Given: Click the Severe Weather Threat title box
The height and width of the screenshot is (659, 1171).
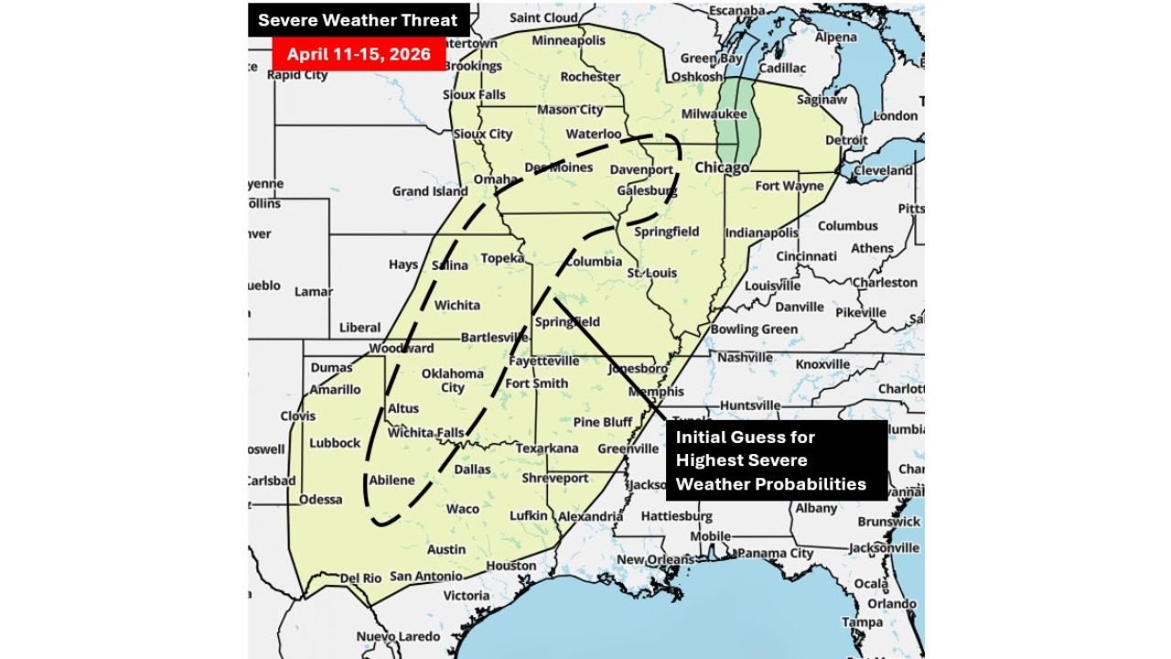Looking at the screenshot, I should (358, 20).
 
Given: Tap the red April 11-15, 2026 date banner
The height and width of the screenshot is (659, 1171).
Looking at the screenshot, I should (358, 54).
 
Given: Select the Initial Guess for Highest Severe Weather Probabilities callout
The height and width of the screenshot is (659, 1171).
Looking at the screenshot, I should (776, 460).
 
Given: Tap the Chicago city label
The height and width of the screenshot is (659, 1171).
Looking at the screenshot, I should (722, 168).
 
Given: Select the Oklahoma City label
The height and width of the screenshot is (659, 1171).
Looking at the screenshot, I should (452, 380).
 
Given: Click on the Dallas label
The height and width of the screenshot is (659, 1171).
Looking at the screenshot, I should (473, 470).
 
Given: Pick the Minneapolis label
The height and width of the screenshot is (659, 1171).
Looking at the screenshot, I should (568, 41).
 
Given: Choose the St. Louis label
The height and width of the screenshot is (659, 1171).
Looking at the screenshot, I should (651, 273).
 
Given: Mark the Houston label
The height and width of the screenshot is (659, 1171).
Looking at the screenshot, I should (510, 566).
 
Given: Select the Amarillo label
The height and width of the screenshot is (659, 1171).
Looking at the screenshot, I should (335, 389).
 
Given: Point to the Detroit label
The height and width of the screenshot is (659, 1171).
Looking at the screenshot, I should (846, 140).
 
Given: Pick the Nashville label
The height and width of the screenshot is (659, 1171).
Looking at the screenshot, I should (745, 358).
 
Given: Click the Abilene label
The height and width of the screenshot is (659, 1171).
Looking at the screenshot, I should (392, 480).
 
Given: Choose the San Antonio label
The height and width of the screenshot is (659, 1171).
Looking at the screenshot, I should (425, 576).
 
